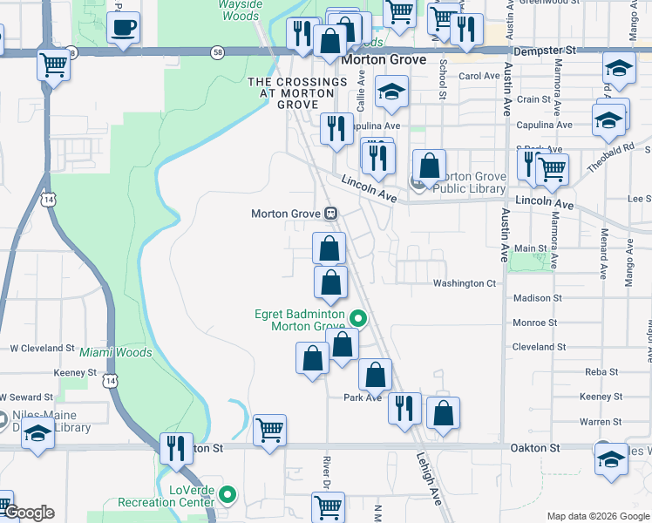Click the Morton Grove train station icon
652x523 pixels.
pos(331,214)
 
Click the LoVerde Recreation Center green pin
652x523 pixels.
pos(228,495)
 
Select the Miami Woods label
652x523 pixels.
pos(116,353)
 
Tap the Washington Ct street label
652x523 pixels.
pos(464,283)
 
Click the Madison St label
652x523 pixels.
pos(537,298)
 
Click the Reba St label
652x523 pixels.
pos(601,371)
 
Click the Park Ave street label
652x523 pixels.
pos(363,397)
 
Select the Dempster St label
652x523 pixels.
pos(546,51)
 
